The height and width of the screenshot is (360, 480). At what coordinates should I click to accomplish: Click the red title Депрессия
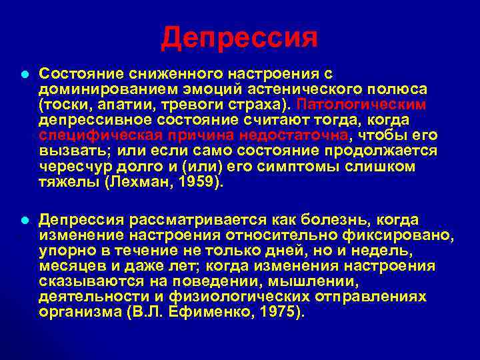tap(239, 38)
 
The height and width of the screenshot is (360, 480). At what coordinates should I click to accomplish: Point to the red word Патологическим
tap(361, 105)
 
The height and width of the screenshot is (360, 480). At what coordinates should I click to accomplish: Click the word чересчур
tap(69, 166)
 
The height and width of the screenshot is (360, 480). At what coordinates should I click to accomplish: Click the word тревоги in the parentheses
tap(173, 105)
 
